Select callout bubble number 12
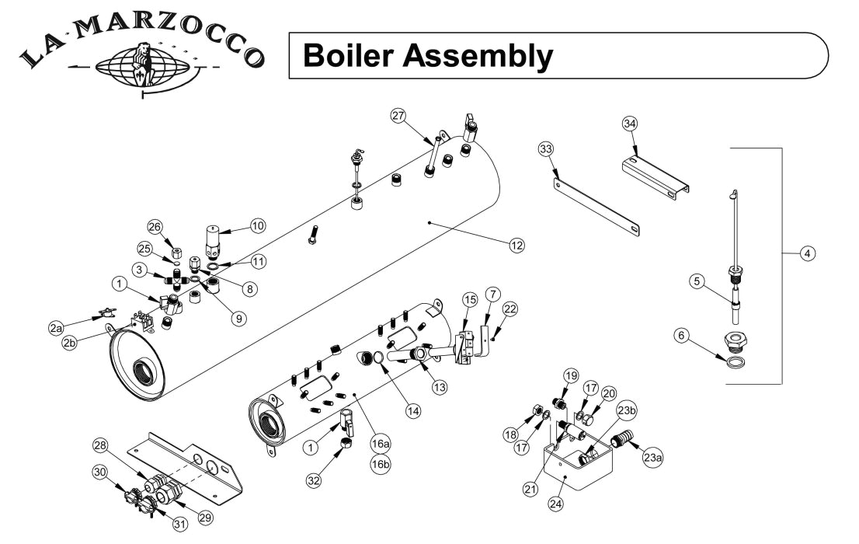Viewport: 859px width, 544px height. [x=516, y=246]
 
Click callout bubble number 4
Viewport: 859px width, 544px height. [x=808, y=253]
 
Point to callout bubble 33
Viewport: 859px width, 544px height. [x=546, y=148]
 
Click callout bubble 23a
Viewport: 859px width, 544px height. [x=652, y=459]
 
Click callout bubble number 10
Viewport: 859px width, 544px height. [x=257, y=225]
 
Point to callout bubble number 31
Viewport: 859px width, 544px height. [x=179, y=523]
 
